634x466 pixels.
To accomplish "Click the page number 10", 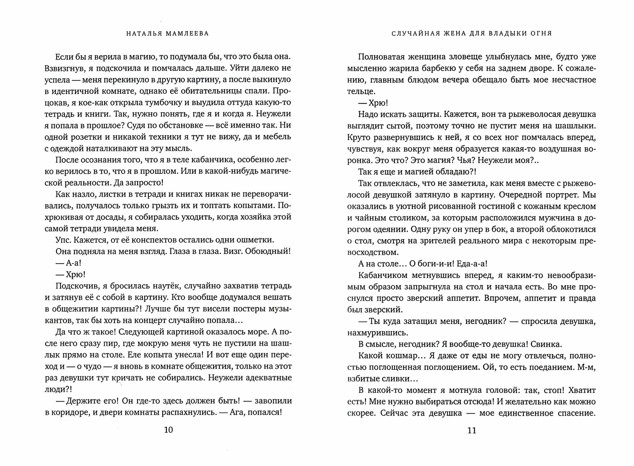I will point(169,430).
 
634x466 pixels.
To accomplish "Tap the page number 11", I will point(472,430).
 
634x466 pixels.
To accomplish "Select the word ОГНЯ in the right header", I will point(541,34).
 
